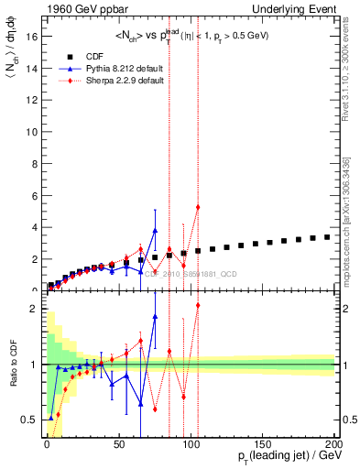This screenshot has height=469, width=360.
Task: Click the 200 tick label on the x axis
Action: (334, 443)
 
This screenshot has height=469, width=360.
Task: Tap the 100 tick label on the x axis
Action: (191, 443)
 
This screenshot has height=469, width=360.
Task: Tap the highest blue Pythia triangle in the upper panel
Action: (155, 231)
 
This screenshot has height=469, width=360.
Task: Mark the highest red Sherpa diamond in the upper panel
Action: (198, 207)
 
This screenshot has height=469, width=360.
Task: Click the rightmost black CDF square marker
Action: (327, 237)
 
